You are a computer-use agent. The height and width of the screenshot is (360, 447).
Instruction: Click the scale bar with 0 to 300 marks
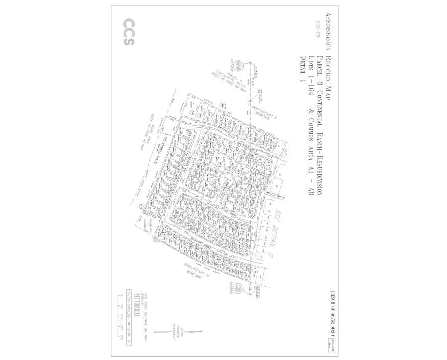coord(122,318)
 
